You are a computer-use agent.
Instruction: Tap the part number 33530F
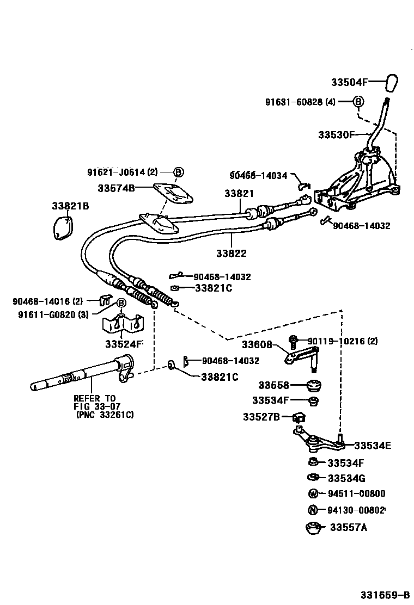(336, 134)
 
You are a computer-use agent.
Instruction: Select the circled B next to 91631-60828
(358, 102)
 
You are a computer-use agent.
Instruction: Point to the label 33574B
(115, 188)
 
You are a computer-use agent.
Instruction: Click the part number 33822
(231, 253)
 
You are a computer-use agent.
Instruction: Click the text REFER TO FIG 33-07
(96, 402)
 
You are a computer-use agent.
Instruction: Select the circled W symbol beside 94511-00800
(313, 494)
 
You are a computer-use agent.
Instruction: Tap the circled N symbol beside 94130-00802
(313, 510)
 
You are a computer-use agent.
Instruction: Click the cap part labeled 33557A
(313, 528)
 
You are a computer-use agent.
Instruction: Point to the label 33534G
(346, 478)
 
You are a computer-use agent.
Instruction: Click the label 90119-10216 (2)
(343, 341)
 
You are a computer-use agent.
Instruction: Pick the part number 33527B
(261, 417)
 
